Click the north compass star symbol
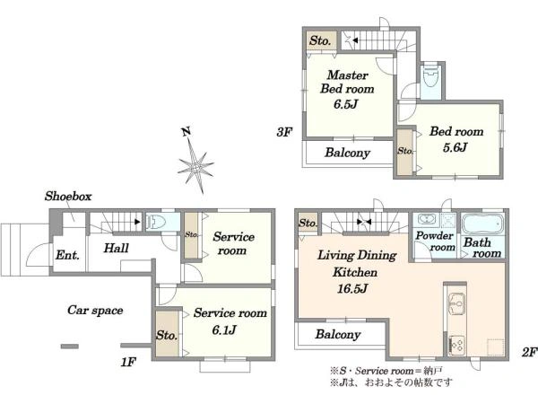(x=195, y=167)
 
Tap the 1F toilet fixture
(x=156, y=222)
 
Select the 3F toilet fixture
(x=430, y=78)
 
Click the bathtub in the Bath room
(x=482, y=224)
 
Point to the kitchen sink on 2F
(x=456, y=303)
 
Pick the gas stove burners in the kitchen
(x=456, y=344)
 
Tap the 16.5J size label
(x=352, y=288)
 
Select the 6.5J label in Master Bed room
(x=346, y=104)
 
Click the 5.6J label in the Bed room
(x=455, y=147)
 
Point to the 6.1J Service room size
(x=224, y=330)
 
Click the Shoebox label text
(x=68, y=196)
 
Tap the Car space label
(x=95, y=311)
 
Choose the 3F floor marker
(x=284, y=132)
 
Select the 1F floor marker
(x=128, y=362)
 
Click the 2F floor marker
(x=529, y=352)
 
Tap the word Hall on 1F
(x=117, y=248)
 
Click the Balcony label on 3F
(x=348, y=153)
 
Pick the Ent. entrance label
(x=67, y=255)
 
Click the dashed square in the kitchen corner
(x=496, y=347)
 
